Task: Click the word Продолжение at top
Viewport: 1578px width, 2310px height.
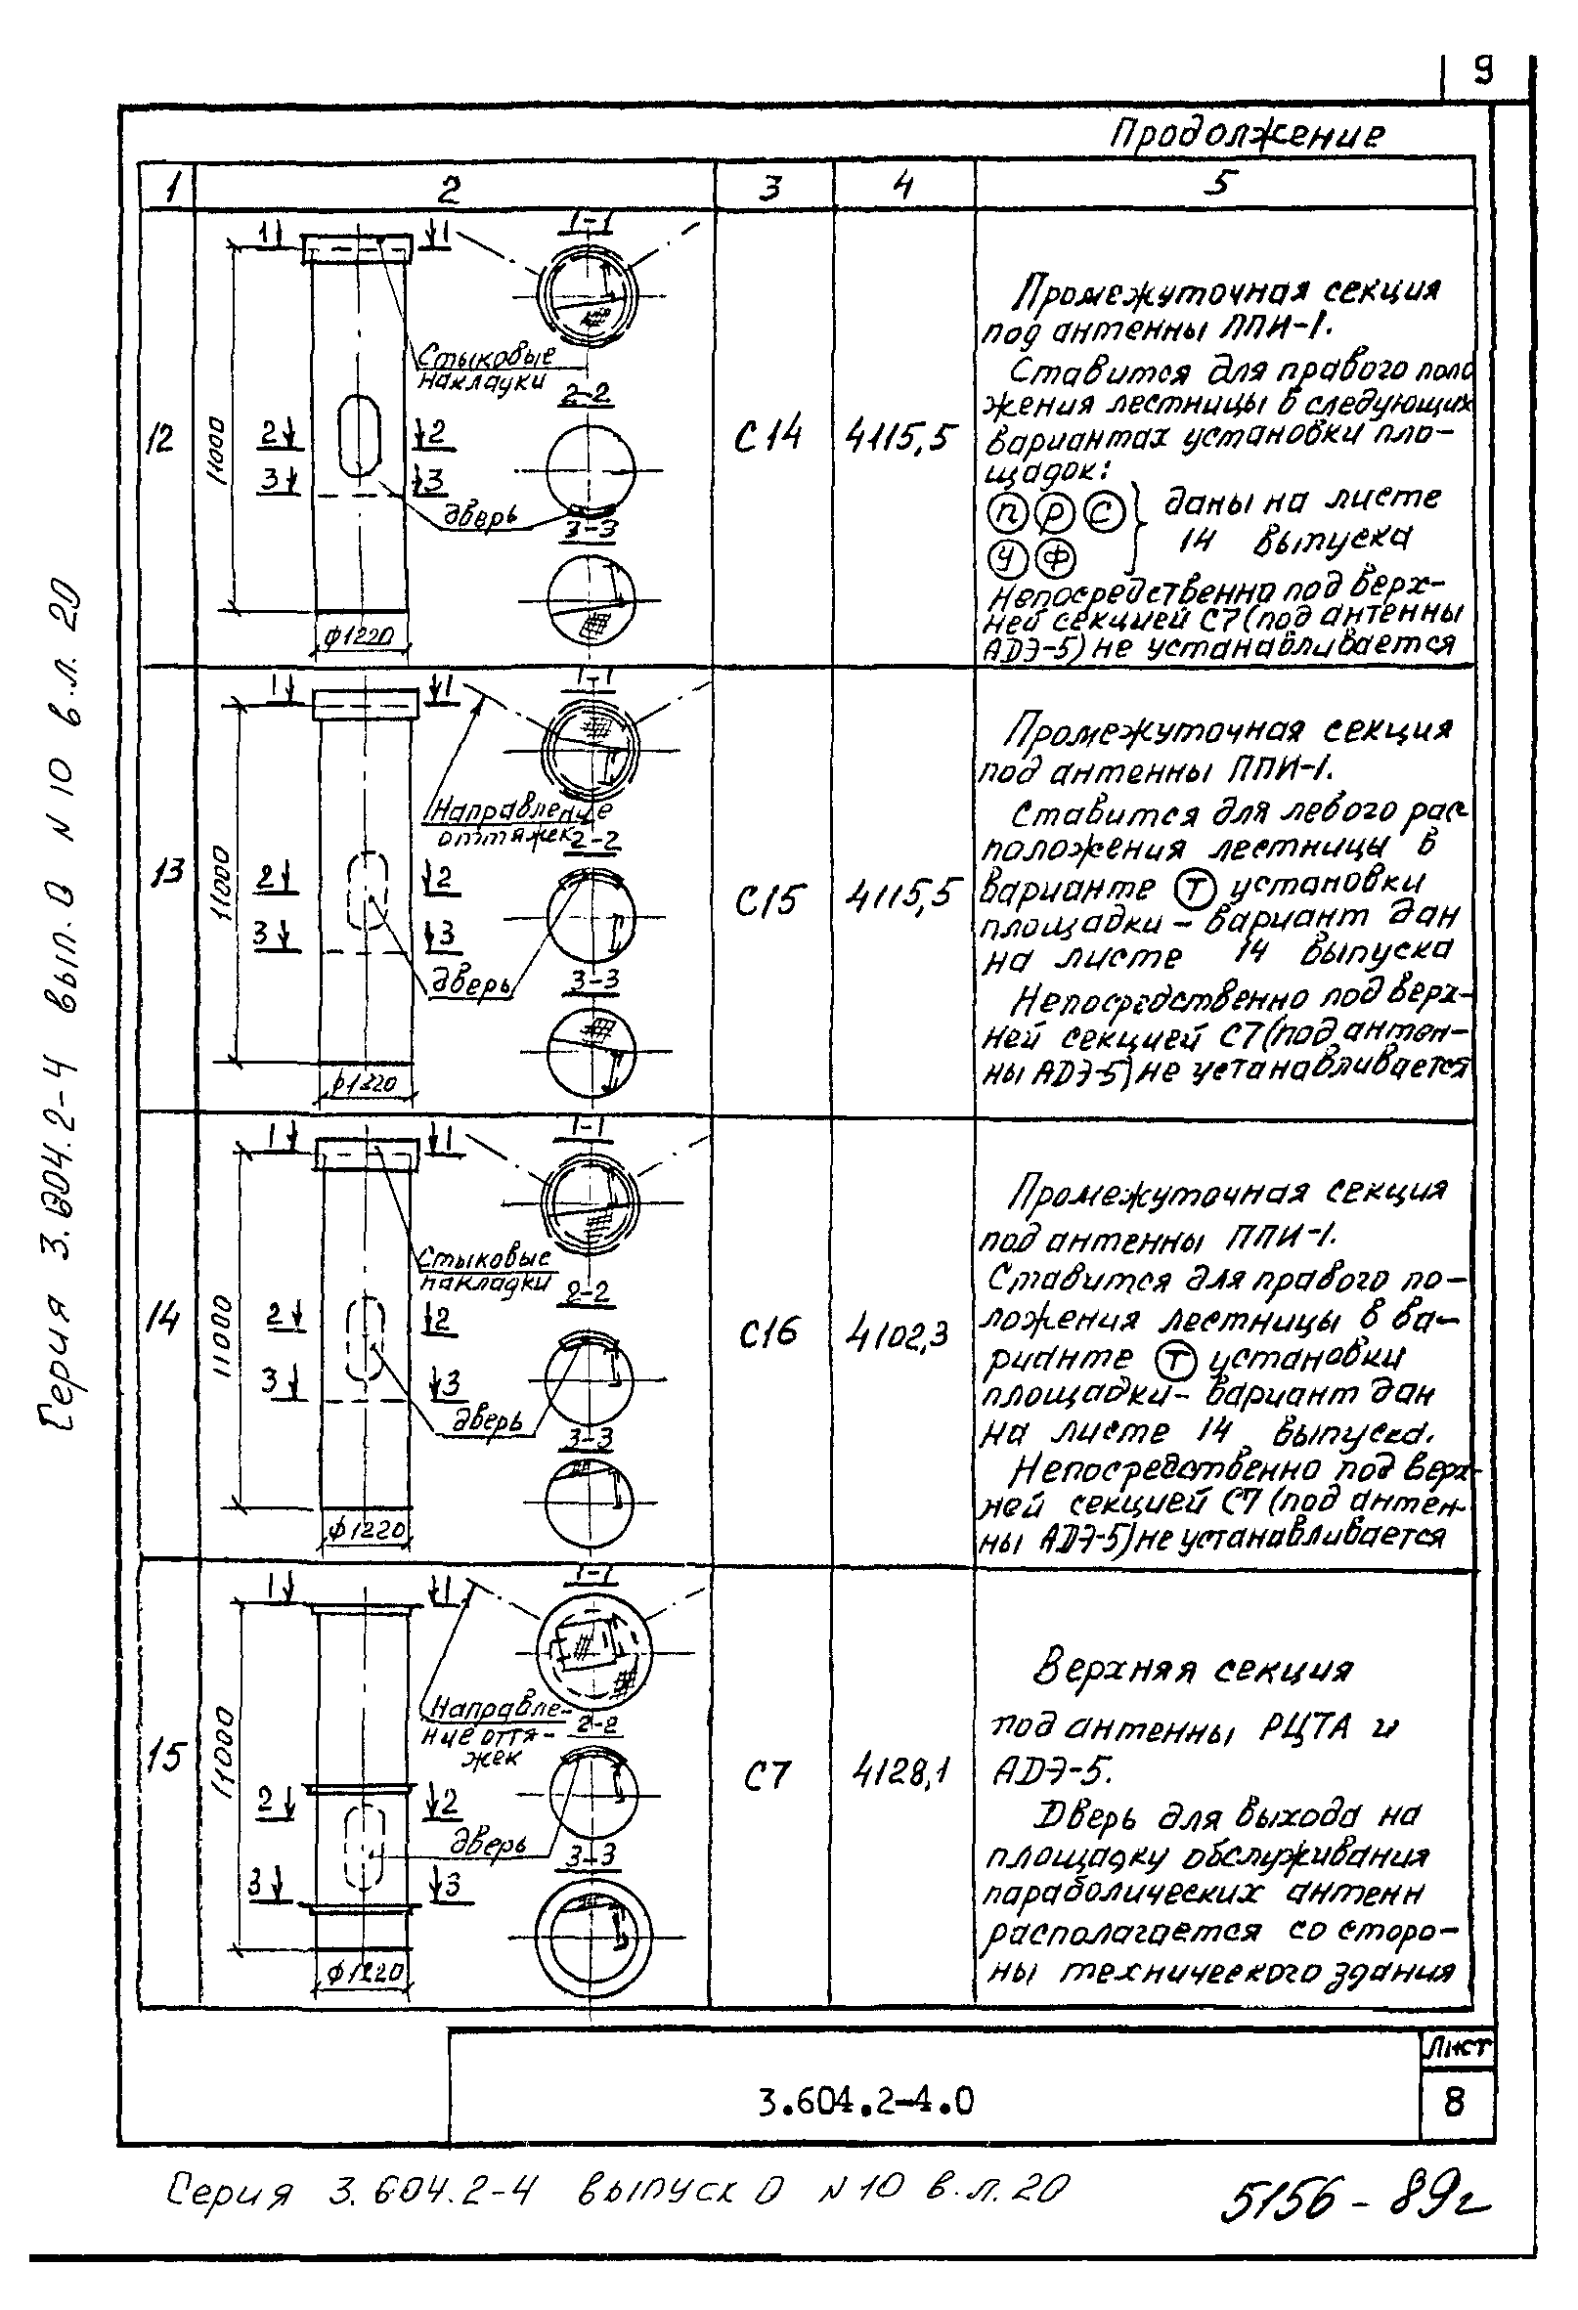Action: click(x=1246, y=133)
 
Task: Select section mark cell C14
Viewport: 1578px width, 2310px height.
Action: click(x=767, y=436)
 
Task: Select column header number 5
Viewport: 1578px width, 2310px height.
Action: click(x=1222, y=184)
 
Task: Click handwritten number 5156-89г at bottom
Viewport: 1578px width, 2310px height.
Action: click(x=1355, y=2199)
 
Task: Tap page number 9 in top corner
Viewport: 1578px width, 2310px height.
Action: click(x=1482, y=70)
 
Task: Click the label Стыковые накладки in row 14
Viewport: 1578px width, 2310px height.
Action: click(x=483, y=1269)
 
